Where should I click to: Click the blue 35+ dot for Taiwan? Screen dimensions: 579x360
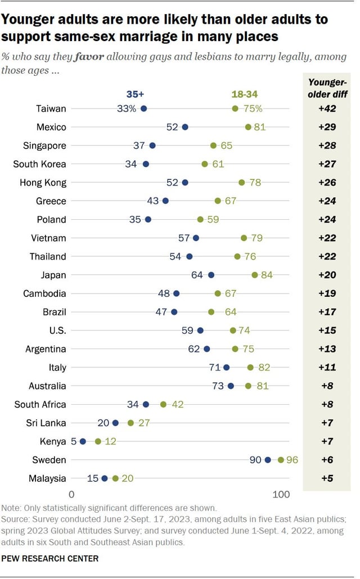pyautogui.click(x=143, y=108)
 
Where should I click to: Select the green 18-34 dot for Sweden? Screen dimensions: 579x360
pyautogui.click(x=281, y=460)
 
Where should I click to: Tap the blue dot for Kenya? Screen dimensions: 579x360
pyautogui.click(x=83, y=441)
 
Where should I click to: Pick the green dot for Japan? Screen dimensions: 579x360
pyautogui.click(x=255, y=275)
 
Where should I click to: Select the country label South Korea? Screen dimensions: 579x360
pyautogui.click(x=40, y=164)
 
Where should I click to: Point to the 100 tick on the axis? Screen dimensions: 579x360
pyautogui.click(x=281, y=495)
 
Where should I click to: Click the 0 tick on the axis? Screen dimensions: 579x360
pyautogui.click(x=72, y=495)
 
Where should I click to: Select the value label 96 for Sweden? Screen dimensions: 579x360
pyautogui.click(x=291, y=460)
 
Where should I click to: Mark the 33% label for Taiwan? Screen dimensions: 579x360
pyautogui.click(x=127, y=108)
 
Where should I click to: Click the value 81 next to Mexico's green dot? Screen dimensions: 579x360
pyautogui.click(x=259, y=127)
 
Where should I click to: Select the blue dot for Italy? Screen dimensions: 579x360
pyautogui.click(x=226, y=367)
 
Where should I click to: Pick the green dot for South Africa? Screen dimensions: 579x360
pyautogui.click(x=163, y=404)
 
